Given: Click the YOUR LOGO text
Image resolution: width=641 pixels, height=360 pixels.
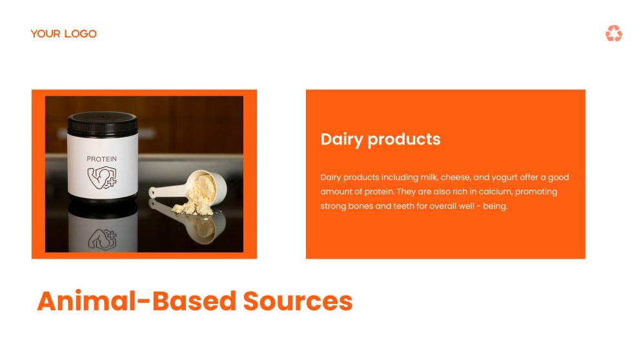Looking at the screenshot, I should [63, 34].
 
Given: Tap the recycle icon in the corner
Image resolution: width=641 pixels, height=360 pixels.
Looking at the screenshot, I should [613, 34].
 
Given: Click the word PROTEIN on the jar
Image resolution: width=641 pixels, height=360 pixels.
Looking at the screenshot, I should [102, 159].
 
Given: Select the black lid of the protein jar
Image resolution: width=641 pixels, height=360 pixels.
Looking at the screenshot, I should [103, 123].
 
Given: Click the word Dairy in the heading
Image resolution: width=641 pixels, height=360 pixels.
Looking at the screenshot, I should [341, 139].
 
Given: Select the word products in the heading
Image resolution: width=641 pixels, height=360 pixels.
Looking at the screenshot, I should [403, 139].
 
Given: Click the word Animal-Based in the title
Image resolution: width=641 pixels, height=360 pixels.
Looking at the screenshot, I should [136, 301].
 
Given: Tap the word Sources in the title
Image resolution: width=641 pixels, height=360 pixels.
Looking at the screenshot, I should [298, 301].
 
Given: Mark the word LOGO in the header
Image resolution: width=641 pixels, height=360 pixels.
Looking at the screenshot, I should [80, 34].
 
